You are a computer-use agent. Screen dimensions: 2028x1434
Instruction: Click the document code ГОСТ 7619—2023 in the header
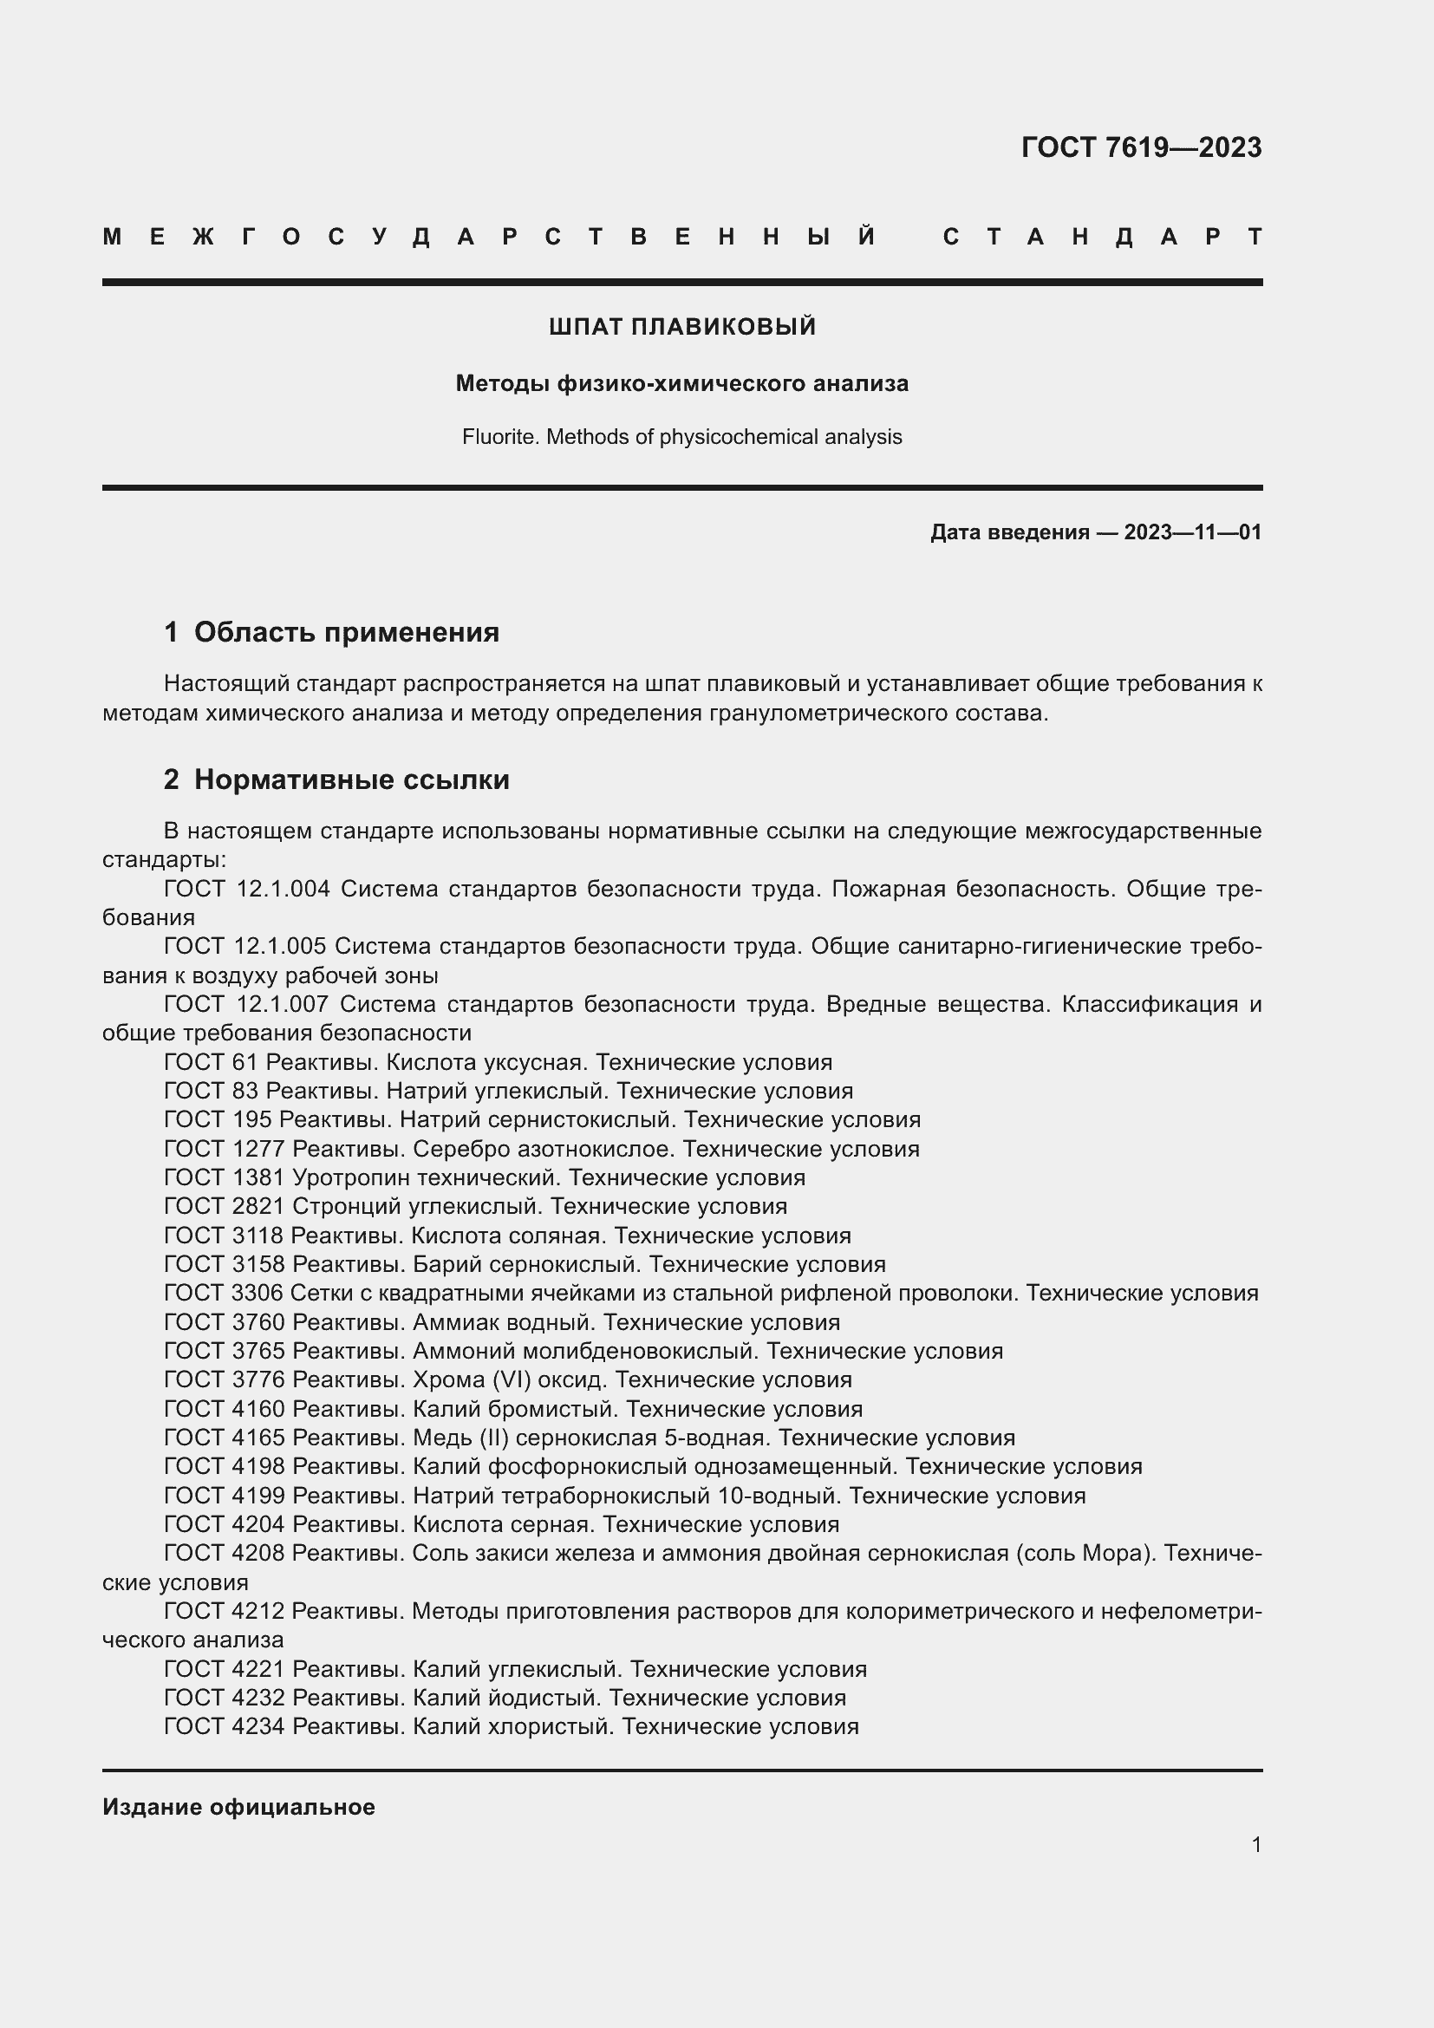[x=1141, y=147]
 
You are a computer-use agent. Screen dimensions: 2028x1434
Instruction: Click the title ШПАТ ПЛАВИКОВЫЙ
[x=681, y=327]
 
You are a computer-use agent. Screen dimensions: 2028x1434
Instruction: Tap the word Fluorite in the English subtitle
[x=499, y=437]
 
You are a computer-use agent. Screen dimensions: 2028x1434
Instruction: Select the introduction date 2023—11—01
[x=1192, y=532]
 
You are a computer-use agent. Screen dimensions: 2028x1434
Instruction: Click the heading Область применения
[x=346, y=632]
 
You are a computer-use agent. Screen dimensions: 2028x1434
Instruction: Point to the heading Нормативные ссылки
[x=351, y=780]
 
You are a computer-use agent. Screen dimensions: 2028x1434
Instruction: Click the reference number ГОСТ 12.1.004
[x=247, y=889]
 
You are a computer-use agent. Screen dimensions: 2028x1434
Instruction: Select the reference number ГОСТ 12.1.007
[x=246, y=1004]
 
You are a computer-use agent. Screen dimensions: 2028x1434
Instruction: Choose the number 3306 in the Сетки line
[x=256, y=1293]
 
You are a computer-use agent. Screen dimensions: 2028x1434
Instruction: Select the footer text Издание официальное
[x=238, y=1807]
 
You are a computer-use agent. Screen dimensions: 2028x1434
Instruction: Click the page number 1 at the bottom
[x=1255, y=1845]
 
